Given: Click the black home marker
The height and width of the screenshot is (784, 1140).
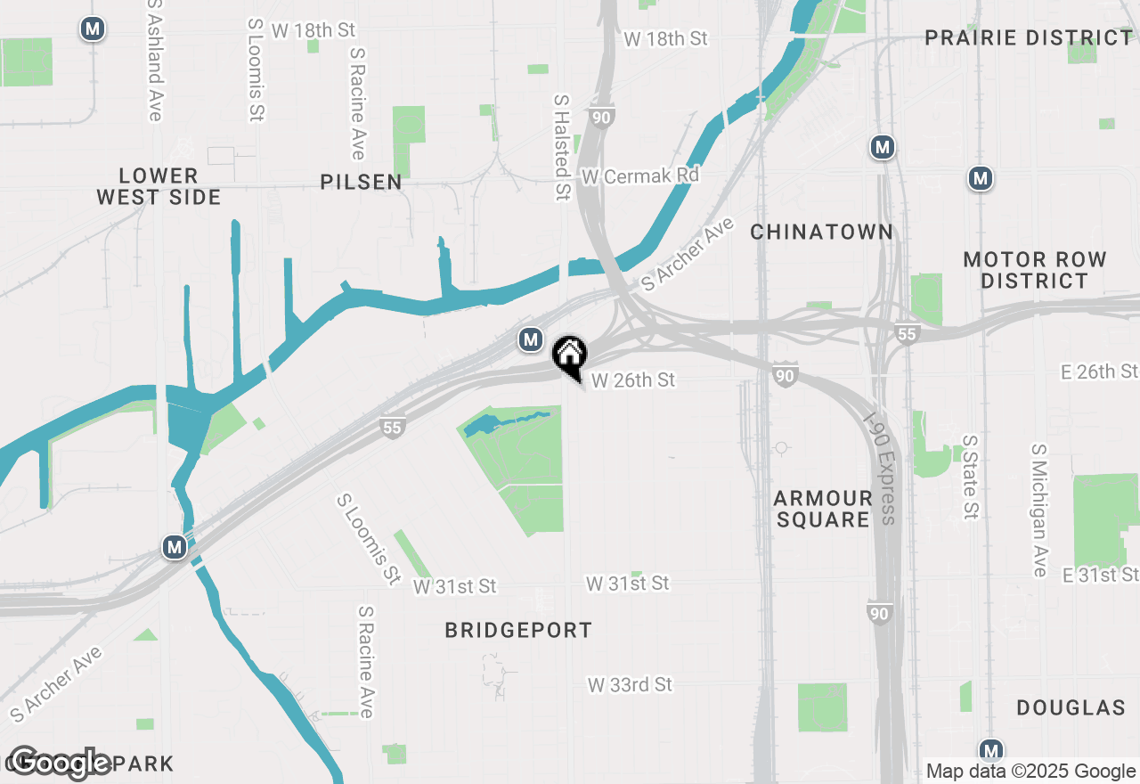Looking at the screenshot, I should pos(569,355).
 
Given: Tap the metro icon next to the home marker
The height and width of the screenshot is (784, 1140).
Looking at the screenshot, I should pos(531,339).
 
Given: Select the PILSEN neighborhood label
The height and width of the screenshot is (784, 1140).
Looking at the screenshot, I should pos(362,183).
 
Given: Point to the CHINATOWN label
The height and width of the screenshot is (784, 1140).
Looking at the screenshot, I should pos(821,233).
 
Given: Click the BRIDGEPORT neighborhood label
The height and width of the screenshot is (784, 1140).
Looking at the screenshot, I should pos(518,631).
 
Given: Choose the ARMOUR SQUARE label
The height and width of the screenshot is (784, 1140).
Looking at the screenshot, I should pos(822,509).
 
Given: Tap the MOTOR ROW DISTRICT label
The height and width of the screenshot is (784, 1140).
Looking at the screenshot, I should pos(1035,270).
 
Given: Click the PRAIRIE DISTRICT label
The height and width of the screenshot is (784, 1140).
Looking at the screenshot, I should pos(1029,38).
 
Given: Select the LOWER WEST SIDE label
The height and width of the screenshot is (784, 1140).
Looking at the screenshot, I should pos(159,186).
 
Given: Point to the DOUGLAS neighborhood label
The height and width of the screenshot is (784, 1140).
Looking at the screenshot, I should pos(1071,708).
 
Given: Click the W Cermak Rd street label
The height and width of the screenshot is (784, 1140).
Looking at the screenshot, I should pos(640,176).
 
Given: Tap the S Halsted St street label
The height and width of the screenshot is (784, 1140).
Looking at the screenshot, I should pos(561,148).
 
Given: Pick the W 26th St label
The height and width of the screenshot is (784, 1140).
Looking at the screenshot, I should pos(633,380).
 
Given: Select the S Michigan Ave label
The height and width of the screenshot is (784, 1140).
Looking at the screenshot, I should pos(1038,510).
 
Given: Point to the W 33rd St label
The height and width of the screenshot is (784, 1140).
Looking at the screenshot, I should pos(630,685).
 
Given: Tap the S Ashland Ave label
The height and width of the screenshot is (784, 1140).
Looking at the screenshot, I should pos(155,60).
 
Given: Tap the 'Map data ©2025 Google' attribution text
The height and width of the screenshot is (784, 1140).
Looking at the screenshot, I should pos(1030,772).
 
